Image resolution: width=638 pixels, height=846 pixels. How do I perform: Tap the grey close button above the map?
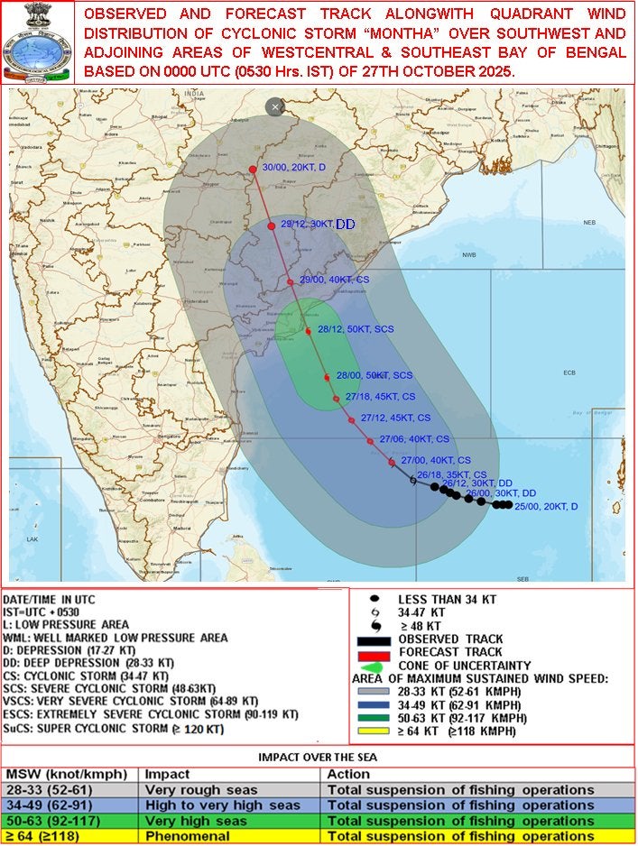(275, 107)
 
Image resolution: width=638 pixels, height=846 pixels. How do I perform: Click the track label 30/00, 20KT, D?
(294, 168)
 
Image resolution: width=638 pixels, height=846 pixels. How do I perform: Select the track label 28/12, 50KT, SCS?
(356, 331)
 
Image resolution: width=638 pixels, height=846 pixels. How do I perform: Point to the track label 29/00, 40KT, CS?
(335, 280)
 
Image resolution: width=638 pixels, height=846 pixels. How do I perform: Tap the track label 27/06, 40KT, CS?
(414, 439)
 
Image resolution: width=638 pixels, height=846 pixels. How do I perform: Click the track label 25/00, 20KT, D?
(546, 506)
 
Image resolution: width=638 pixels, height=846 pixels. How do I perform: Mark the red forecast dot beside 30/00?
(253, 169)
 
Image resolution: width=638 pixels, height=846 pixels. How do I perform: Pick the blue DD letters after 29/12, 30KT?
(346, 225)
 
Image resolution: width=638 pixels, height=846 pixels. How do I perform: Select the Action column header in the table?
(349, 774)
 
